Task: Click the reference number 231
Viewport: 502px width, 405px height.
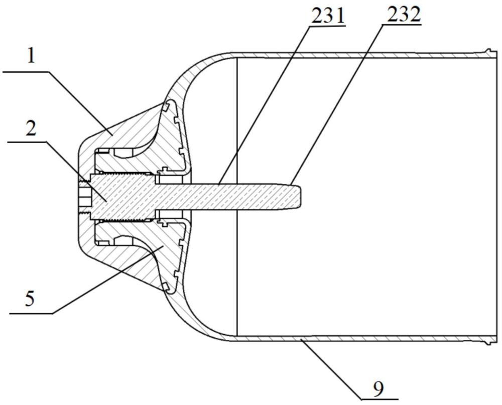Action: point(328,15)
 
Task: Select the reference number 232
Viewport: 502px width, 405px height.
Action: point(404,15)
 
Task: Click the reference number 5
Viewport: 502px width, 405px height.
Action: point(30,299)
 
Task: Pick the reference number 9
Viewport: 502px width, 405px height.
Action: point(378,388)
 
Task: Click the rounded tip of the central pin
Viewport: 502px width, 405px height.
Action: point(301,197)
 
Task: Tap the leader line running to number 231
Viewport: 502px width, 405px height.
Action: point(264,105)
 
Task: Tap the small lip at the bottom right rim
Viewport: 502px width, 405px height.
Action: point(489,343)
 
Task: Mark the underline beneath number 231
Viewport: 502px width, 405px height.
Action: point(328,26)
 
